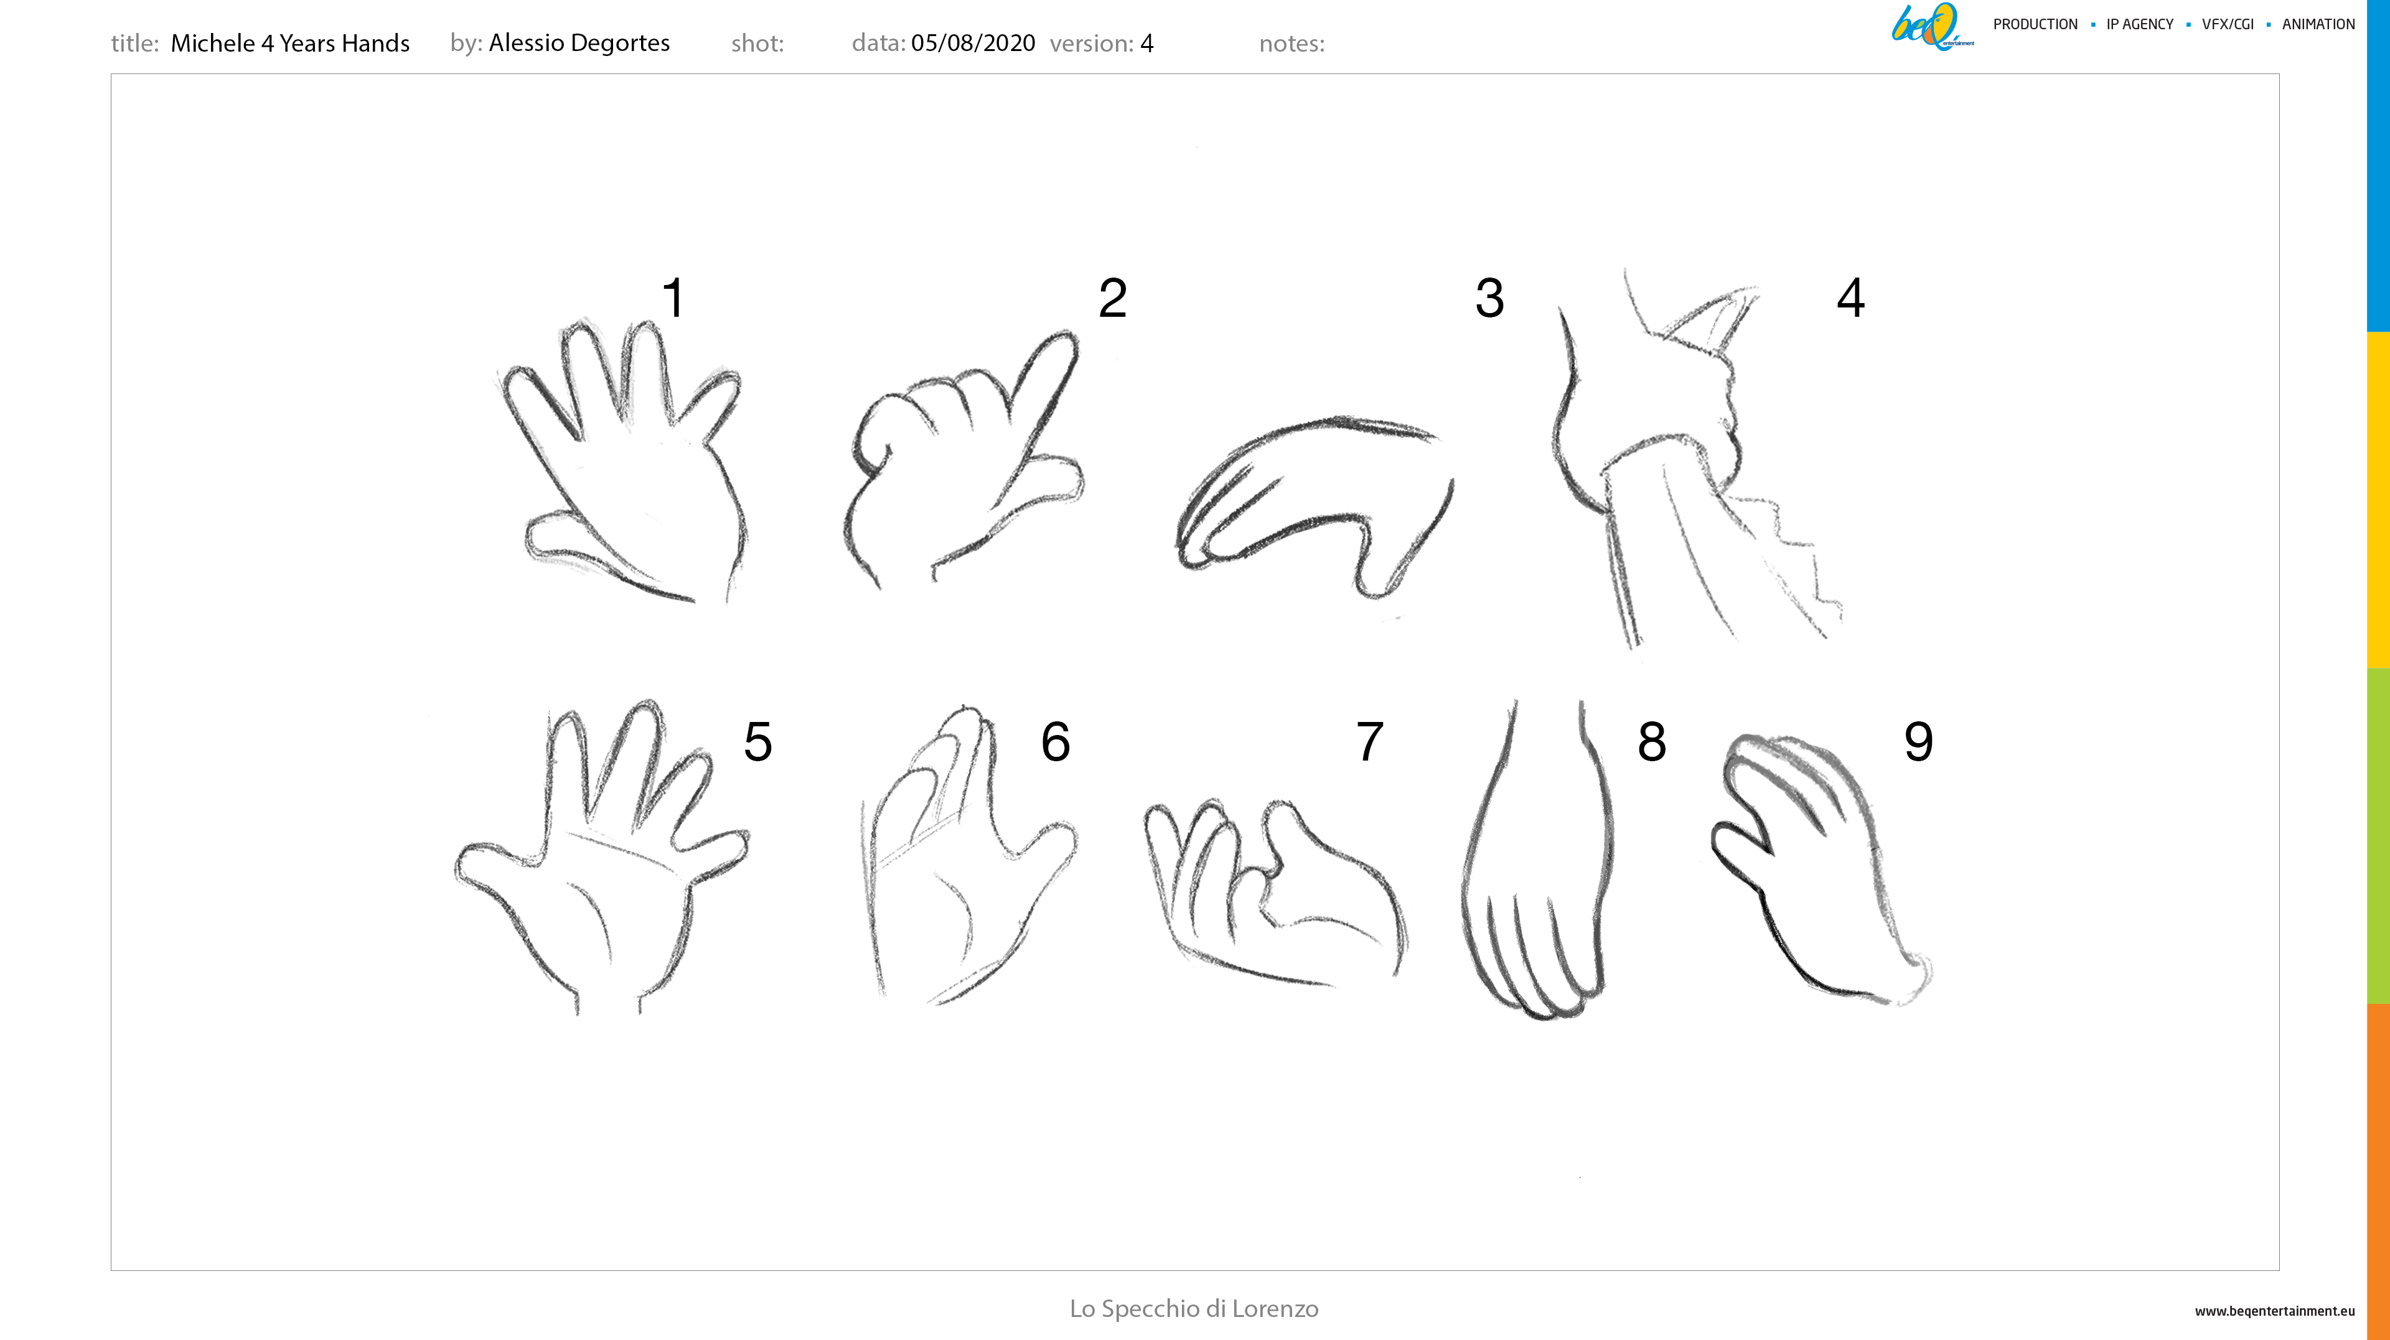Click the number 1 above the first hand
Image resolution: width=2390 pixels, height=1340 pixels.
(x=673, y=298)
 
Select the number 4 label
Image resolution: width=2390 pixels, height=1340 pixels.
(x=1851, y=298)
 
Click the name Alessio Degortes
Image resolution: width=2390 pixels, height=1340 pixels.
(x=579, y=43)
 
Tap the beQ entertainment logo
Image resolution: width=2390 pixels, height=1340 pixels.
(x=1932, y=26)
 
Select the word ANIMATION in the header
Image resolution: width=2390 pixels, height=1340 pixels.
(x=2318, y=24)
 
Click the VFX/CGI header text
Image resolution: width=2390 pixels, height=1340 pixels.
(x=2228, y=24)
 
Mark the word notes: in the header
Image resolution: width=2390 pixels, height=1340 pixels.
(x=1291, y=44)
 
